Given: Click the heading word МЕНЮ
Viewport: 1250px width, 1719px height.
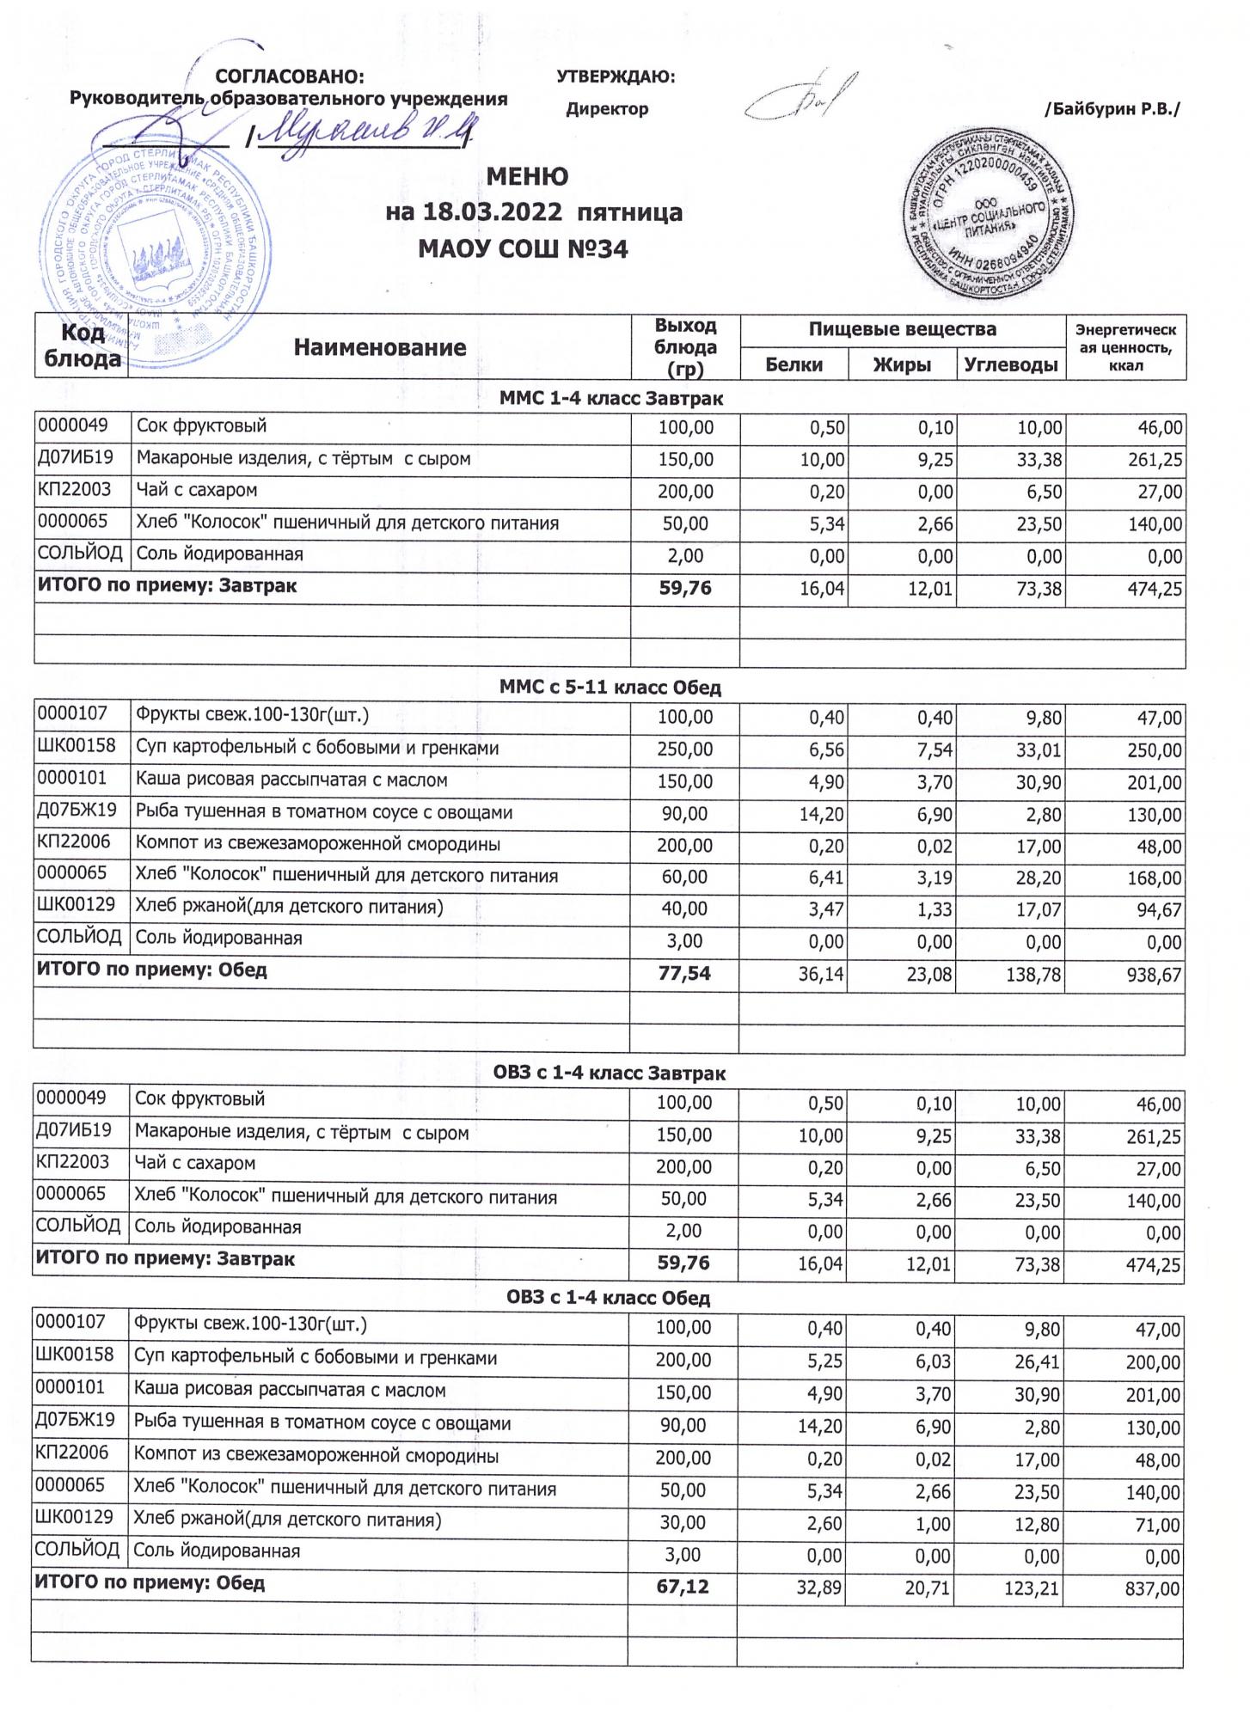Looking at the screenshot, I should (527, 177).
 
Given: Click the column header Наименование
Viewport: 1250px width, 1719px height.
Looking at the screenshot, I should (379, 347).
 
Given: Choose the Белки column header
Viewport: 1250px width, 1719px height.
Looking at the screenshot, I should (794, 364).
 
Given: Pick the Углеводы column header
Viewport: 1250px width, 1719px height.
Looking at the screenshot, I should (1010, 364).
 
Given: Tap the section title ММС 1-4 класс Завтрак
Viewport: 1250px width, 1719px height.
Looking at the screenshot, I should (610, 399).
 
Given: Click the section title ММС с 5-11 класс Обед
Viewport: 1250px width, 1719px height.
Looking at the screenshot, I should (610, 688).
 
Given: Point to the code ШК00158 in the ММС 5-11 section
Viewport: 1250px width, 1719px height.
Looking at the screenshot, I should (76, 746).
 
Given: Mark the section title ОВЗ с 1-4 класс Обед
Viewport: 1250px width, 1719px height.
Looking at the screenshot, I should (608, 1298).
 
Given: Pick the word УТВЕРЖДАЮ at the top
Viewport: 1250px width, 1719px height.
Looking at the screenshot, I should (616, 77).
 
